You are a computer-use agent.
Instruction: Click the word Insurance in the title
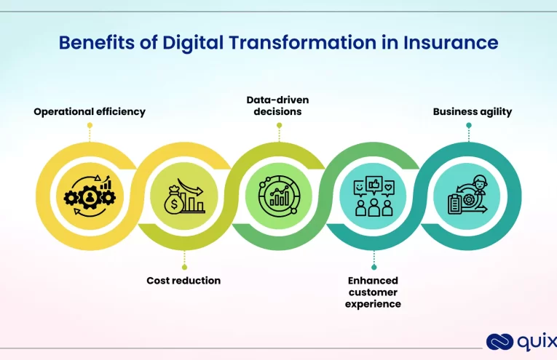pyautogui.click(x=451, y=43)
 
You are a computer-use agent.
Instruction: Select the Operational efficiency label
pyautogui.click(x=90, y=112)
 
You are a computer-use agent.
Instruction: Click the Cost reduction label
pyautogui.click(x=183, y=280)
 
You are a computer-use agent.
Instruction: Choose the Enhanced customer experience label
pyautogui.click(x=373, y=292)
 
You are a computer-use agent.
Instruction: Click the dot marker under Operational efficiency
pyautogui.click(x=90, y=125)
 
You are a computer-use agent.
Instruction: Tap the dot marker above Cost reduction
pyautogui.click(x=183, y=267)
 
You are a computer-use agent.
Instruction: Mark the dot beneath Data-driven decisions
pyautogui.click(x=279, y=125)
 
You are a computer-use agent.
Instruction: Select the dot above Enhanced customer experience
pyautogui.click(x=374, y=267)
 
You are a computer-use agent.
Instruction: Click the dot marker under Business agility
pyautogui.click(x=468, y=125)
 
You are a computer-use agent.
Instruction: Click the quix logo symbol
pyautogui.click(x=499, y=342)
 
